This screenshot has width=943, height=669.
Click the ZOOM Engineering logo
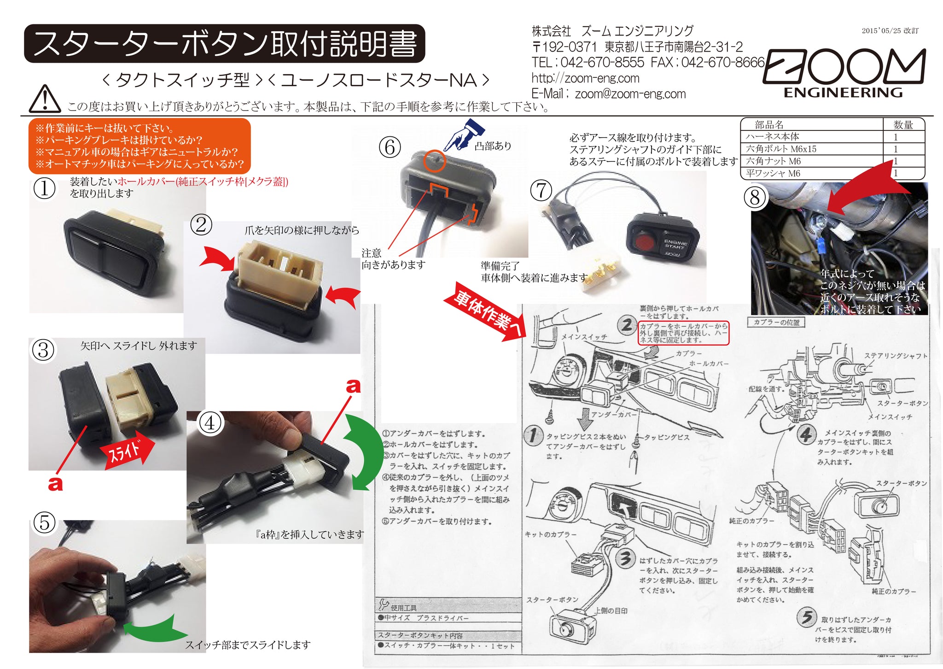(x=844, y=73)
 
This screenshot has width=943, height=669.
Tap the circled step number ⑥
(x=390, y=147)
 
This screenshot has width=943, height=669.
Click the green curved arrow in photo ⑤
(x=152, y=629)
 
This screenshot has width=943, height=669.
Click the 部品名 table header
(x=769, y=125)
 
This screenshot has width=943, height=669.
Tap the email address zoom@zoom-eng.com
(x=630, y=94)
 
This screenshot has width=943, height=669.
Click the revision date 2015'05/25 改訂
(x=890, y=31)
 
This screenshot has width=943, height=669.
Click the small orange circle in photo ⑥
(x=434, y=161)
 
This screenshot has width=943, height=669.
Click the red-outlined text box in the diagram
(x=683, y=333)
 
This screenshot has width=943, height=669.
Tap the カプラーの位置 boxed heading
(x=776, y=322)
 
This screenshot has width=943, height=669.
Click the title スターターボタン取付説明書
(x=225, y=44)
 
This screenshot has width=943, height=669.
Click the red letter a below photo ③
(x=55, y=484)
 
